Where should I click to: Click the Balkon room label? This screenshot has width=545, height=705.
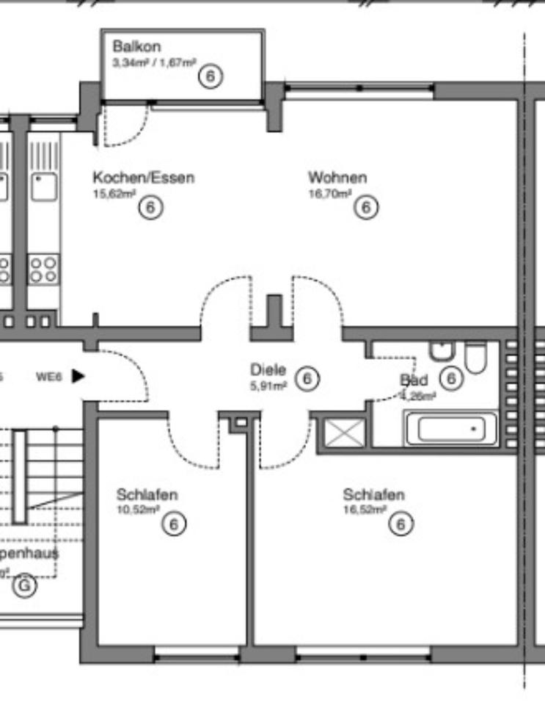[x=136, y=47]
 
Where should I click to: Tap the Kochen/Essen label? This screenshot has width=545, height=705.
[x=143, y=177]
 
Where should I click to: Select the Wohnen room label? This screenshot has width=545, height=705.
[x=337, y=177]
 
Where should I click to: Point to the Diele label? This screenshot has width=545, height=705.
[x=268, y=369]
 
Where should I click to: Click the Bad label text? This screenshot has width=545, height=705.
[x=414, y=380]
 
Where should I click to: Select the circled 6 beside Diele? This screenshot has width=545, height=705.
[x=307, y=379]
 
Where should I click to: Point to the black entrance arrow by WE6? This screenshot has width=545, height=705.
[x=78, y=376]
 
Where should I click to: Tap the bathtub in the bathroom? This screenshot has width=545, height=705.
[x=450, y=429]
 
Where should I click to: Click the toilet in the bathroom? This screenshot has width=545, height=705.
[x=475, y=358]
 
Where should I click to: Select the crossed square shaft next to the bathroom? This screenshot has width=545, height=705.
[x=345, y=432]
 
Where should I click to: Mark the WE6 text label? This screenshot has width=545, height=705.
[x=50, y=377]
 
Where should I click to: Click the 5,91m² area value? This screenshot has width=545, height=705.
[x=268, y=386]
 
